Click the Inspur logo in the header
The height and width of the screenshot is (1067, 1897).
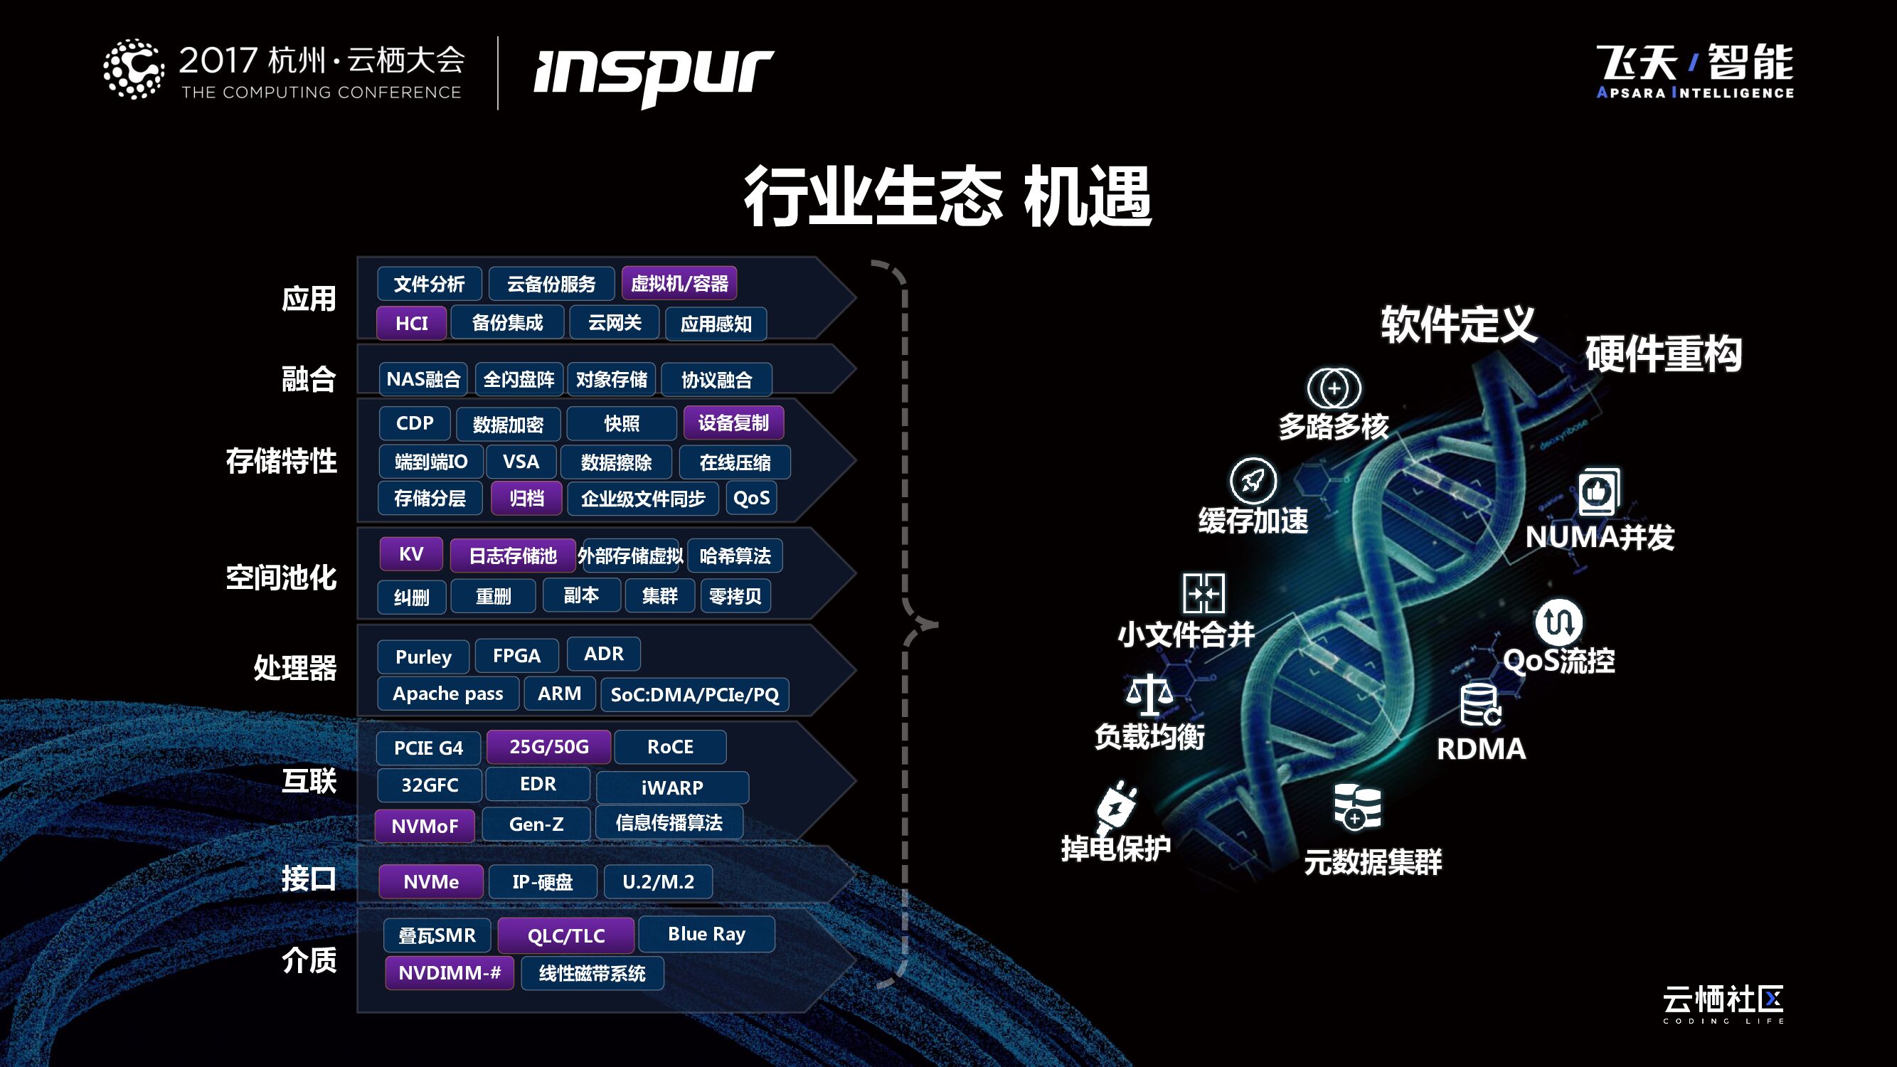(653, 75)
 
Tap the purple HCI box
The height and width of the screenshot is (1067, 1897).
(411, 323)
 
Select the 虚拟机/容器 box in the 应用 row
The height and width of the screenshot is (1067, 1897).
(679, 284)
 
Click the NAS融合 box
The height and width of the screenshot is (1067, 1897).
(423, 379)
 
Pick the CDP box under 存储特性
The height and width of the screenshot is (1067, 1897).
(415, 423)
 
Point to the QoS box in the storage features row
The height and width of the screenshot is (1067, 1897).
(751, 499)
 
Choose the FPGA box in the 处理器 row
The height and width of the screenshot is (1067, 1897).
(516, 655)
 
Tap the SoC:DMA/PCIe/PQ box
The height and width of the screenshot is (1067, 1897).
(694, 694)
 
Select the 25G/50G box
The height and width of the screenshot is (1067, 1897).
(548, 747)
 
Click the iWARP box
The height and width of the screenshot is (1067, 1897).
(671, 787)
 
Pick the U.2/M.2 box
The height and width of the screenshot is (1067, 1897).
(658, 881)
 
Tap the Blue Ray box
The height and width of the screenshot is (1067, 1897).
(706, 934)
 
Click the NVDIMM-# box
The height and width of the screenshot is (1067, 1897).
(450, 972)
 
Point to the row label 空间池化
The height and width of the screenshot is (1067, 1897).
(280, 578)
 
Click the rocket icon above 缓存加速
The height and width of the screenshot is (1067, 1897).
(1253, 481)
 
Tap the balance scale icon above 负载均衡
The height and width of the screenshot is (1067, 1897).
(1148, 694)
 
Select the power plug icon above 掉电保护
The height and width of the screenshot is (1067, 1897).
(1116, 807)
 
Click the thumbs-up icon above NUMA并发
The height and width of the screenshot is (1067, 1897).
(1598, 491)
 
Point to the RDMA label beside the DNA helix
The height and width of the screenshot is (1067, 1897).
(1481, 749)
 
